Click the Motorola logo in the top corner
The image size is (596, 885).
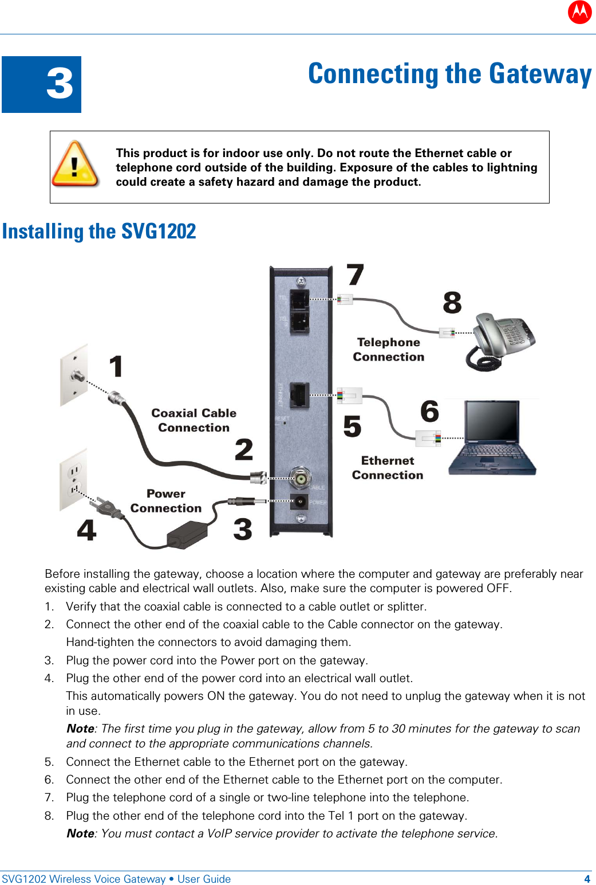(x=579, y=11)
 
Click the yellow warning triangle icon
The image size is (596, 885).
(x=75, y=165)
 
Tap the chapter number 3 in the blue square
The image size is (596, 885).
(x=60, y=84)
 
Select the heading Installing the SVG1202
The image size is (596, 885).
(x=99, y=231)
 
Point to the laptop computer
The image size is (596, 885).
(x=493, y=438)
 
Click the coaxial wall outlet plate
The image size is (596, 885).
(x=74, y=375)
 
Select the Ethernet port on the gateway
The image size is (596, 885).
(x=299, y=394)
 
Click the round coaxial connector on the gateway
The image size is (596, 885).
(x=299, y=477)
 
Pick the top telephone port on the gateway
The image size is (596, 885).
(x=299, y=299)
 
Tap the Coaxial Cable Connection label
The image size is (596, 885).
(x=194, y=420)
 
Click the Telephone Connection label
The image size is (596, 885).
(x=388, y=350)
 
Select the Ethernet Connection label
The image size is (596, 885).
(x=388, y=468)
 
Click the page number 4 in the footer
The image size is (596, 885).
(x=587, y=879)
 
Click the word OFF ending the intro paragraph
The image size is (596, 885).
(x=498, y=588)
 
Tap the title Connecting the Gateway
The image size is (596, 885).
(x=449, y=75)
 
